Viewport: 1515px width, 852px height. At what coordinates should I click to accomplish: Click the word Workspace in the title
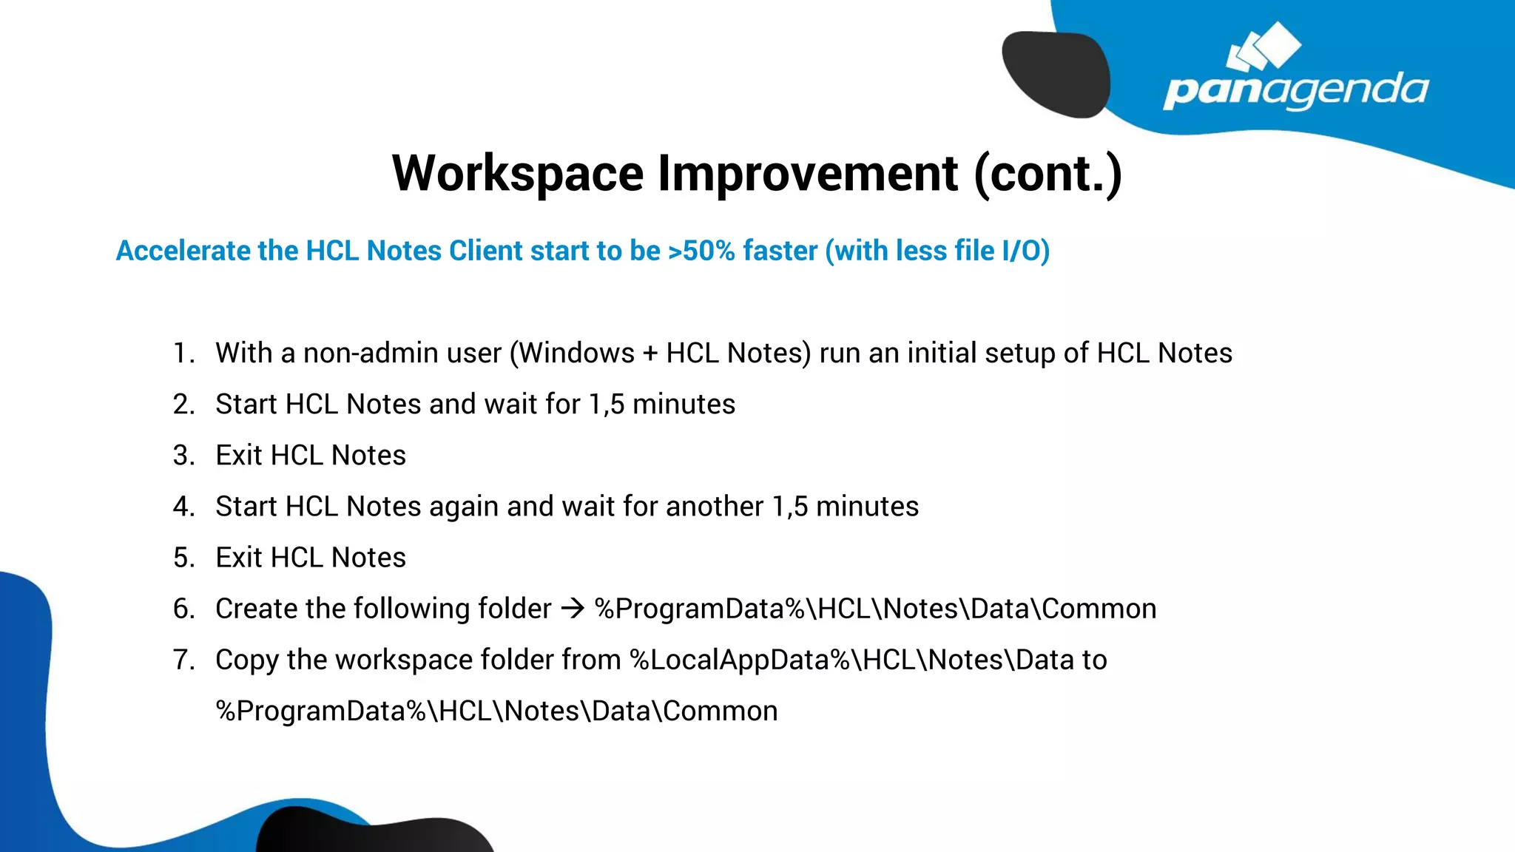tap(518, 175)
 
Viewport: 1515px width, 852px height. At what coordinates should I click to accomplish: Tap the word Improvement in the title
tap(808, 175)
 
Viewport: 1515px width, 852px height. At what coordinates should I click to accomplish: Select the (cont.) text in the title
tap(1047, 175)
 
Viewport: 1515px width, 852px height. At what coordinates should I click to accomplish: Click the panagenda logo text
tap(1295, 91)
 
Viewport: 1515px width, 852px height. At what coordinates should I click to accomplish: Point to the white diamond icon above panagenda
tap(1264, 47)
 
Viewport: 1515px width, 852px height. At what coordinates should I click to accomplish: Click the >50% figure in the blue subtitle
tap(701, 251)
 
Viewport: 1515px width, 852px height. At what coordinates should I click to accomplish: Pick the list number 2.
tap(183, 405)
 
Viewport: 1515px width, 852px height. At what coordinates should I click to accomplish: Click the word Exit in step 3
tap(238, 456)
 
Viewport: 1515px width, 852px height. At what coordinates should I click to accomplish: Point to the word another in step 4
tap(714, 507)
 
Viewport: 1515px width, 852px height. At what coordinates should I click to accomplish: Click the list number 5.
tap(183, 558)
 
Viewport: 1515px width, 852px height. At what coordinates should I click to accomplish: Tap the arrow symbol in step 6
tap(573, 609)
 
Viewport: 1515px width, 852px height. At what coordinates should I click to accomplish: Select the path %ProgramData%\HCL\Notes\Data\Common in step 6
tap(875, 609)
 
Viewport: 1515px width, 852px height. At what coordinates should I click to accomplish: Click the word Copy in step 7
tap(246, 660)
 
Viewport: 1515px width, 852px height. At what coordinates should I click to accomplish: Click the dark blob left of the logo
tap(1056, 74)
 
